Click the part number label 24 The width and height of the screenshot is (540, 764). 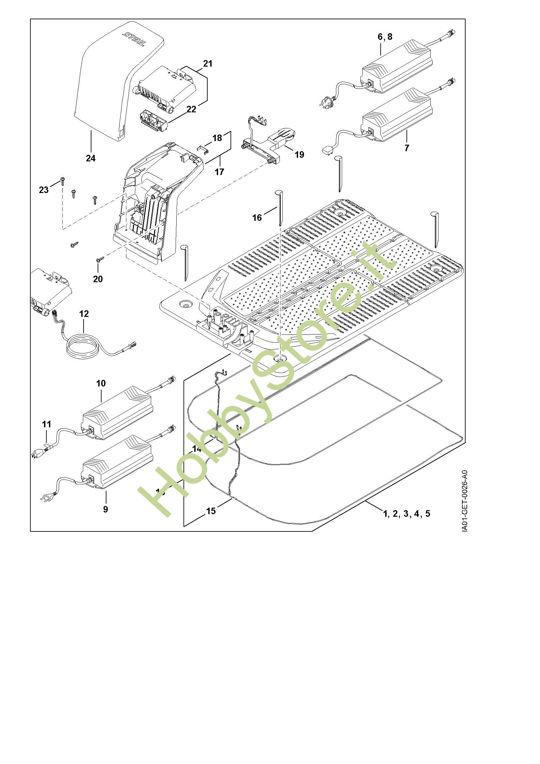click(x=90, y=158)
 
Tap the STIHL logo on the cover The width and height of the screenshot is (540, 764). click(x=134, y=40)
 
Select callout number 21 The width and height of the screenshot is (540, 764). click(x=208, y=64)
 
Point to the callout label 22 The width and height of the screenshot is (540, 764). click(x=191, y=109)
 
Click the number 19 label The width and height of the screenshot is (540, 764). click(x=299, y=155)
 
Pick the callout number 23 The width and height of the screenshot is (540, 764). click(x=43, y=190)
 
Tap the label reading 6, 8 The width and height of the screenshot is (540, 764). click(x=385, y=37)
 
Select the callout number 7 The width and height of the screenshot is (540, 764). click(x=406, y=148)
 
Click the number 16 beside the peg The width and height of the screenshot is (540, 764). click(x=257, y=218)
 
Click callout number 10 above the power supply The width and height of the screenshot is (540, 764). click(x=101, y=383)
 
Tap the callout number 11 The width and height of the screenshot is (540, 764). click(x=47, y=424)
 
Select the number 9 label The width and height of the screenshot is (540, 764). click(x=105, y=510)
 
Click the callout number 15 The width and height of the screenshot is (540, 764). click(x=211, y=511)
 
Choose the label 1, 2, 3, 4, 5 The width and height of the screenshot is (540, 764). click(x=407, y=514)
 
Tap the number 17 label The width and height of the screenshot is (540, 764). click(x=219, y=172)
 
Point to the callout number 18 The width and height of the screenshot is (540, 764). click(x=217, y=138)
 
